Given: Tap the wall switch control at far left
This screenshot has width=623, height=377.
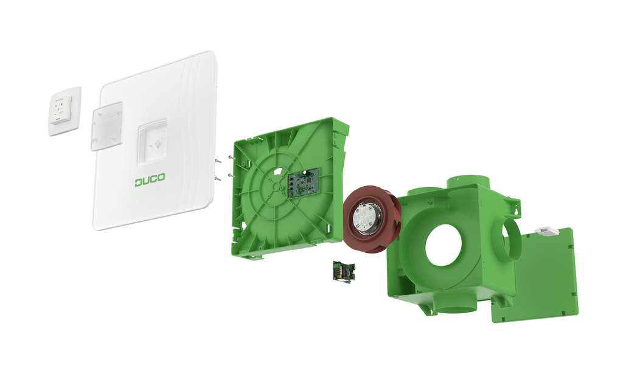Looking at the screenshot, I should click(64, 111).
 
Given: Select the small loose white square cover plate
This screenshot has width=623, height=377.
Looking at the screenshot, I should click(106, 126).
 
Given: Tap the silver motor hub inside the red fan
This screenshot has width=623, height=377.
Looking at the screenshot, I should click(366, 218).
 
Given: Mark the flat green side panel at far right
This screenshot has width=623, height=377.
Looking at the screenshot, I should click(535, 277).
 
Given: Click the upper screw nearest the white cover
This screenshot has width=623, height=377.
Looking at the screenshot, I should click(217, 161).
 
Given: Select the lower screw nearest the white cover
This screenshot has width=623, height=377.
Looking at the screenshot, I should click(217, 179).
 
